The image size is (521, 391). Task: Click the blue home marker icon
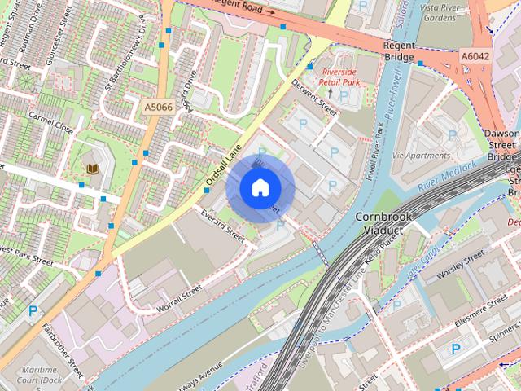tap(259, 188)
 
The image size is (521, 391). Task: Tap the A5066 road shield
tap(158, 107)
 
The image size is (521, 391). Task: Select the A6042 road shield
tap(475, 56)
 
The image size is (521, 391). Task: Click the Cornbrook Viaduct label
tap(385, 223)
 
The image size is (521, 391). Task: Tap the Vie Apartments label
tap(421, 156)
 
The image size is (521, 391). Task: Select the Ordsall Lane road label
tap(223, 165)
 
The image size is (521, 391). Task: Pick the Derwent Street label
tap(314, 98)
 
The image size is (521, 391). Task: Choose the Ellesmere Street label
tap(480, 314)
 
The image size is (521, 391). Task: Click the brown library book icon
tap(93, 169)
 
